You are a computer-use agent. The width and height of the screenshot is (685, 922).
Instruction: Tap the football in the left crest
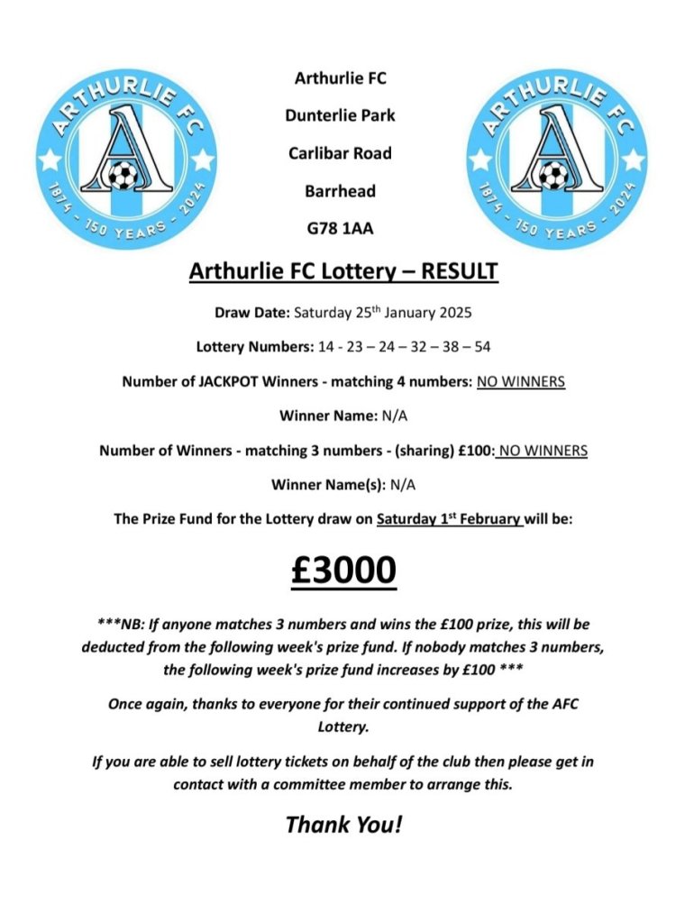[x=120, y=175]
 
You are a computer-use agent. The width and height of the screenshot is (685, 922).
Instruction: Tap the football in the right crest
[x=553, y=175]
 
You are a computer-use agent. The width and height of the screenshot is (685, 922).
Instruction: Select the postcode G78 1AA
[x=341, y=229]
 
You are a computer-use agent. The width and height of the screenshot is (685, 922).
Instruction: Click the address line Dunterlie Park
[x=341, y=115]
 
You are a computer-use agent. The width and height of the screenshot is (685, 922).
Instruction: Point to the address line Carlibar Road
[x=341, y=153]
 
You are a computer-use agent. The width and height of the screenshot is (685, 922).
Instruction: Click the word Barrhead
[x=341, y=191]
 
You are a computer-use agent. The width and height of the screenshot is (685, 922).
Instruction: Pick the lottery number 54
[x=482, y=347]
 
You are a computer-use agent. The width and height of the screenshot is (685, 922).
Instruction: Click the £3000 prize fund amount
[x=343, y=571]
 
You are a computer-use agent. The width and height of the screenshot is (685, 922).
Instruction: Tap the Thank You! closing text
[x=343, y=824]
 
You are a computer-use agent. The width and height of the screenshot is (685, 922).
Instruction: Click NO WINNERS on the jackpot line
[x=521, y=382]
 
